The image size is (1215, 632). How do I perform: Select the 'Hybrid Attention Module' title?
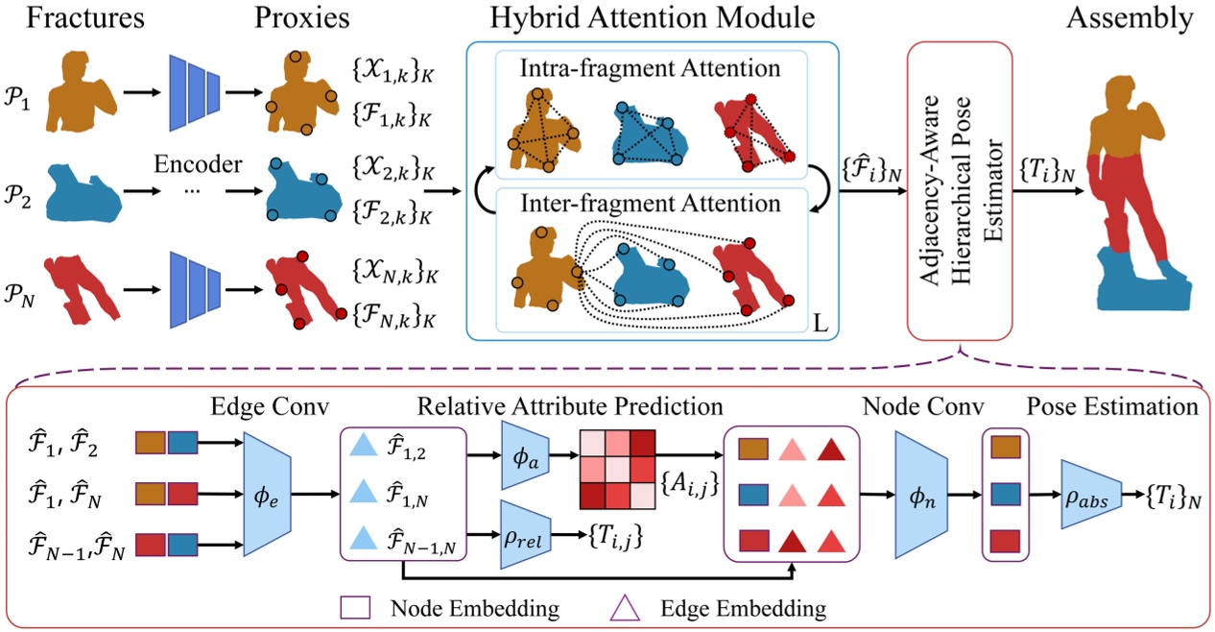pyautogui.click(x=653, y=18)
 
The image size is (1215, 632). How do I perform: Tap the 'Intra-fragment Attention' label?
pyautogui.click(x=652, y=67)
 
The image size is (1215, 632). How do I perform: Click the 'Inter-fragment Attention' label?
pyautogui.click(x=652, y=204)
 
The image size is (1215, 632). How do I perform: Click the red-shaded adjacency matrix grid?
pyautogui.click(x=618, y=467)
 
